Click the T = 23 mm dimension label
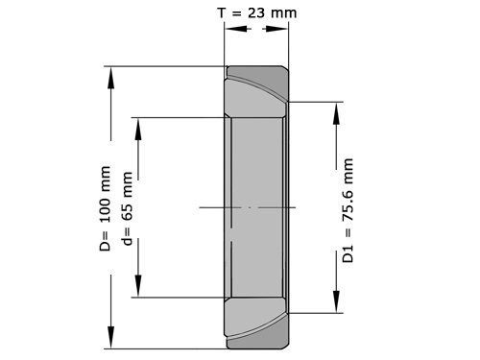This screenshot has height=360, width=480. tap(255, 12)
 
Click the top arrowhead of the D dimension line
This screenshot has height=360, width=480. tap(111, 75)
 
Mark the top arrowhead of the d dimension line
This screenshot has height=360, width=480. tap(138, 126)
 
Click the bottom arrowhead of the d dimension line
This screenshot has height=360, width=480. tap(138, 289)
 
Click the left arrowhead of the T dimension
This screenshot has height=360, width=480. tap(231, 29)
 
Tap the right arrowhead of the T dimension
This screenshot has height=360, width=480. tap(281, 29)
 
